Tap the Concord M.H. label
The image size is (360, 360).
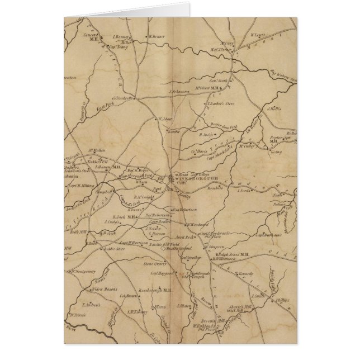tap(91, 36)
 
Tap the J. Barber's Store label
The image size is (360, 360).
tap(220, 103)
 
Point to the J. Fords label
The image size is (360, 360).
tap(244, 191)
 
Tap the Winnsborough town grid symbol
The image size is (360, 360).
tap(171, 178)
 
